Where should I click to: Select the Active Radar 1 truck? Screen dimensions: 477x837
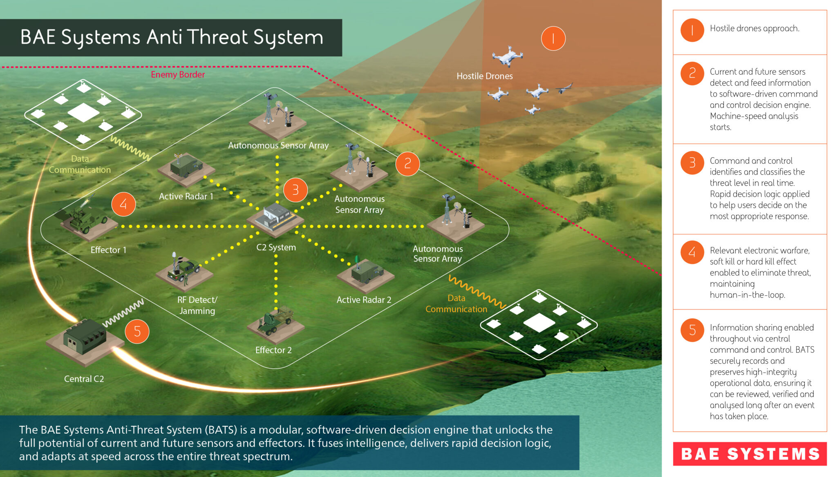[x=186, y=166]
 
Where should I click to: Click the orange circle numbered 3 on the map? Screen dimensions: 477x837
[x=295, y=190]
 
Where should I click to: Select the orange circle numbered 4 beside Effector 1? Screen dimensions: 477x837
[x=123, y=204]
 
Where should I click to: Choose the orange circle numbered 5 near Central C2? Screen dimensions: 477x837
[x=137, y=331]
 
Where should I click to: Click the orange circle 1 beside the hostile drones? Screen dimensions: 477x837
[x=553, y=39]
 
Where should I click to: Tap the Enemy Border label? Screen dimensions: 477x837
[x=178, y=74]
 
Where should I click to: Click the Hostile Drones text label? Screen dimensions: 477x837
[x=484, y=76]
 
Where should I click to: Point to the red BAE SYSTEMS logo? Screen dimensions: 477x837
[x=750, y=454]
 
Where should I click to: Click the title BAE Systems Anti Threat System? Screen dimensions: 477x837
[x=172, y=37]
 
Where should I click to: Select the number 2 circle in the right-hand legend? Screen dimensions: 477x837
[x=692, y=74]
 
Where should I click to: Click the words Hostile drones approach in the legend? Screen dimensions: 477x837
[x=754, y=29]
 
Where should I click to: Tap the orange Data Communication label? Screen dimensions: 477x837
[x=456, y=304]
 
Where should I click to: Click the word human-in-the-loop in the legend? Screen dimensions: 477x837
[x=747, y=295]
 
